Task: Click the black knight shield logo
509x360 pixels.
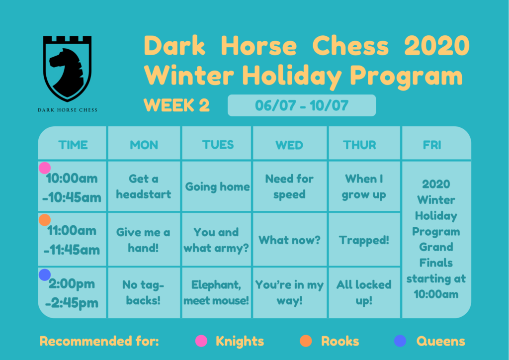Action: point(67,68)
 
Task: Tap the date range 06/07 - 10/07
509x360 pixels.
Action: point(302,105)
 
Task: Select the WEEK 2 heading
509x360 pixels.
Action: point(176,105)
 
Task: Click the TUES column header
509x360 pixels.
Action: point(218,145)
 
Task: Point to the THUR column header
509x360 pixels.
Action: point(360,145)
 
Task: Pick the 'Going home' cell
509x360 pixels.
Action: point(218,186)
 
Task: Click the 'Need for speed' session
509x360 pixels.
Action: point(289,186)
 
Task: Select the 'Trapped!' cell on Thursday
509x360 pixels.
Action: point(364,240)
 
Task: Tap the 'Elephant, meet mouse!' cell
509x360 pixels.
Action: point(216,292)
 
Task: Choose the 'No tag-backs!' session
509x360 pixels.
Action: point(143,292)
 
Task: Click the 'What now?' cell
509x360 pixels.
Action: point(289,240)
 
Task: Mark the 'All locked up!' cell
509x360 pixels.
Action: point(364,292)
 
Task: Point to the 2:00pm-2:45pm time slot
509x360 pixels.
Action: point(72,293)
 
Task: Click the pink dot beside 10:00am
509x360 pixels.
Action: point(44,168)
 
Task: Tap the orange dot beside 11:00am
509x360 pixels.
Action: point(44,220)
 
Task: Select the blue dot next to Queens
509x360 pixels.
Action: point(400,341)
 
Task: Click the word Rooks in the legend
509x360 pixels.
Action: point(340,341)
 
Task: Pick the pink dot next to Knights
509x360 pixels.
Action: point(201,341)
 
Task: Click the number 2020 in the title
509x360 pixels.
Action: point(436,45)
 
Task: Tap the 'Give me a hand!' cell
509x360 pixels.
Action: point(143,240)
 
